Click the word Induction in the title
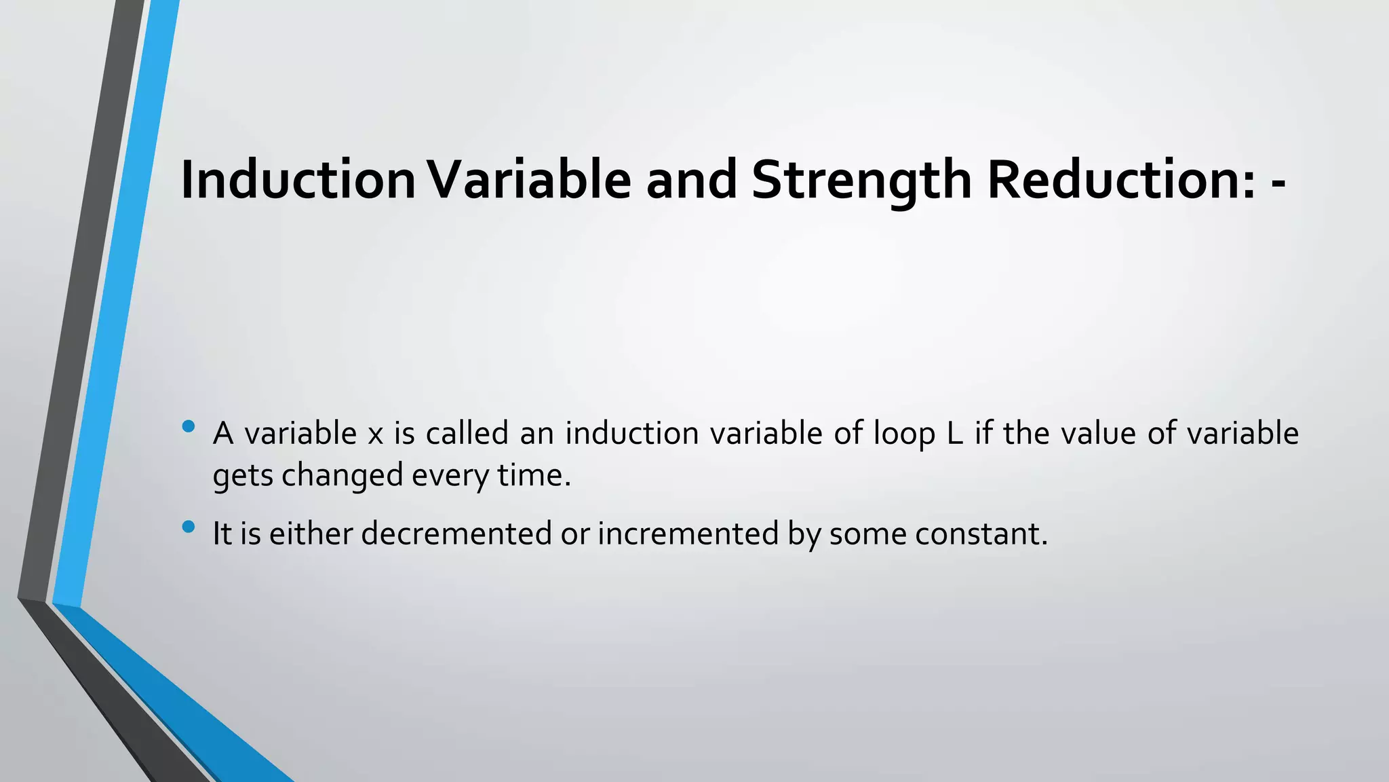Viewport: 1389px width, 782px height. coord(298,179)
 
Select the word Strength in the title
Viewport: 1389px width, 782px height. coord(861,181)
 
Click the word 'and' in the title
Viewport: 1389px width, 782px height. coord(691,179)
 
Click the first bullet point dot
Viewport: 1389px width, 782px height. coord(189,427)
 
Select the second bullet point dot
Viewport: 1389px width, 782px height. coord(189,526)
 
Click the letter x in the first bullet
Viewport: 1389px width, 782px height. coord(375,434)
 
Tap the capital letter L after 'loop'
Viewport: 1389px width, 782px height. coord(954,433)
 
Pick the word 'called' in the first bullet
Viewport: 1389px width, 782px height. coord(467,433)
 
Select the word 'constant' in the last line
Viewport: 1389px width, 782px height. coord(981,533)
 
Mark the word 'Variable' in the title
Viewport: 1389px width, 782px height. coord(529,179)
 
